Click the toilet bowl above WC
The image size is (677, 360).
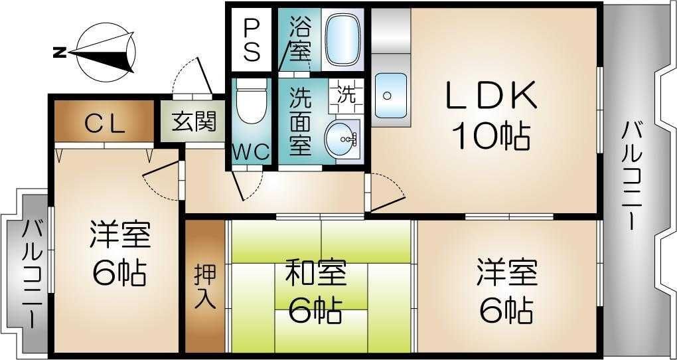click(x=251, y=103)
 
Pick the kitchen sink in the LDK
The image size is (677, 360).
click(x=390, y=95)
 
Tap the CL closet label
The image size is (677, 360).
click(x=104, y=123)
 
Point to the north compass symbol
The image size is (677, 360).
click(x=106, y=51)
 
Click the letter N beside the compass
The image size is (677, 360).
click(x=59, y=51)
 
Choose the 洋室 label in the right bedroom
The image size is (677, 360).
click(x=506, y=272)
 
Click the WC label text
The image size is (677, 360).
click(x=250, y=151)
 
